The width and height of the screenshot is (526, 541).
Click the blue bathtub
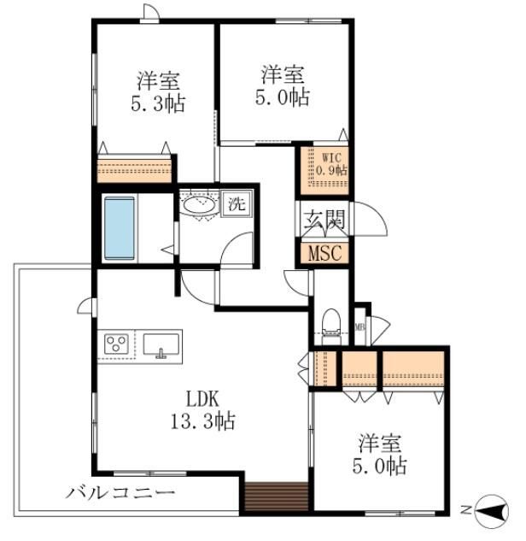point(120,228)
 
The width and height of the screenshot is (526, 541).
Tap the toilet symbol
point(331,326)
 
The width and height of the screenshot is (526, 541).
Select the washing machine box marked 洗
point(237,204)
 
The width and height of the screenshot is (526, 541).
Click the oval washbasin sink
point(199,205)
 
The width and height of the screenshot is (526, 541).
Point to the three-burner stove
point(116,344)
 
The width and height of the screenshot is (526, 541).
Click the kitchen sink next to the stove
point(161,345)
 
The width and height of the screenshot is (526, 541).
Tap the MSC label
point(324,253)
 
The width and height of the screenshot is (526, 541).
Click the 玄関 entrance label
point(324,219)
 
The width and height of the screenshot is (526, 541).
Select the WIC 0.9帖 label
point(331,164)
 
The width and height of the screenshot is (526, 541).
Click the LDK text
point(202,399)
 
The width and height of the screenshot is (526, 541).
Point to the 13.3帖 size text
point(203,421)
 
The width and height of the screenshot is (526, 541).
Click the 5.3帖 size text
point(158,103)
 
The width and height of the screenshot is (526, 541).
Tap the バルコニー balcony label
point(120,492)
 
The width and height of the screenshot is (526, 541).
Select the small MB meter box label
point(359,326)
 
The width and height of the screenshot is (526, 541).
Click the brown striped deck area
point(277,497)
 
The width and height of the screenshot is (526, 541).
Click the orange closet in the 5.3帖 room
point(134,170)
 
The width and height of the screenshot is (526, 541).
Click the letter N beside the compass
point(466,509)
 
